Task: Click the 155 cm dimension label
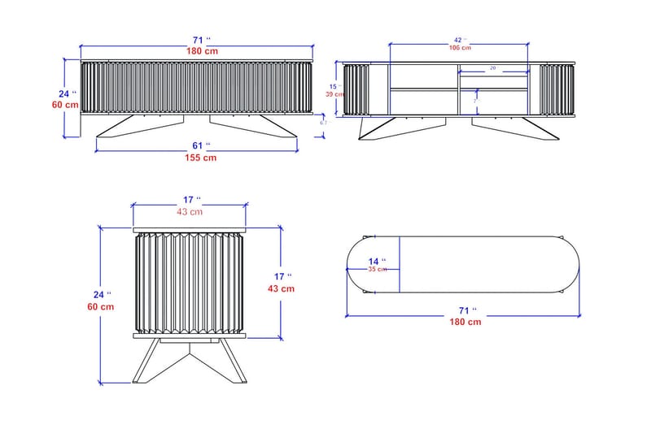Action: [x=198, y=158]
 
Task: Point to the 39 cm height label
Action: [x=332, y=94]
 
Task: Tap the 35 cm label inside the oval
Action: [x=377, y=269]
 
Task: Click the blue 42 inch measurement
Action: [x=459, y=39]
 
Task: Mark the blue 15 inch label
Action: [x=333, y=85]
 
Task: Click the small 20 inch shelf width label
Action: [x=492, y=69]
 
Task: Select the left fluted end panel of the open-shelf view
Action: [x=356, y=90]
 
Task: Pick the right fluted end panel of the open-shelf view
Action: [x=549, y=90]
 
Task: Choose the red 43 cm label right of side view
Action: [x=282, y=288]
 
